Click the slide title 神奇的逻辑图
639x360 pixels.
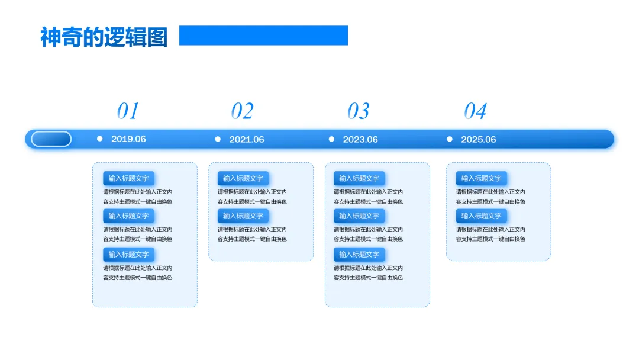tap(104, 37)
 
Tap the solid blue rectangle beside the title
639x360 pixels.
tap(263, 36)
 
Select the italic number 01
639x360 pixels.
tap(128, 111)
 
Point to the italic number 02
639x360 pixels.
tap(242, 111)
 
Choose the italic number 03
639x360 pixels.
tap(358, 111)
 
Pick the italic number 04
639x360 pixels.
tap(475, 111)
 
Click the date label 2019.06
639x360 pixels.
tap(128, 139)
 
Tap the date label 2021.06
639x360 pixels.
tap(247, 139)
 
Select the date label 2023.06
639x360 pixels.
tap(360, 139)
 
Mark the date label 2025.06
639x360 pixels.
tap(479, 139)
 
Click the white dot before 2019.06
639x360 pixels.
tap(99, 139)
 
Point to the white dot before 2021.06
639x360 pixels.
tap(218, 139)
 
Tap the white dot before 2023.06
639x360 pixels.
tap(331, 139)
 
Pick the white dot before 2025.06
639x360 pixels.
tap(450, 139)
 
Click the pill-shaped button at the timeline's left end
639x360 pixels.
tap(51, 139)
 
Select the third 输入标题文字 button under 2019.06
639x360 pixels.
tap(128, 255)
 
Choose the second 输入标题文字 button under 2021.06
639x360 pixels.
tap(243, 216)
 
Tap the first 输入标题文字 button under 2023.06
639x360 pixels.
tap(359, 178)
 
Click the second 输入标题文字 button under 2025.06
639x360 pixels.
tap(481, 216)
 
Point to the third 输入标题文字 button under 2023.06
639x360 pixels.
tap(359, 255)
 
